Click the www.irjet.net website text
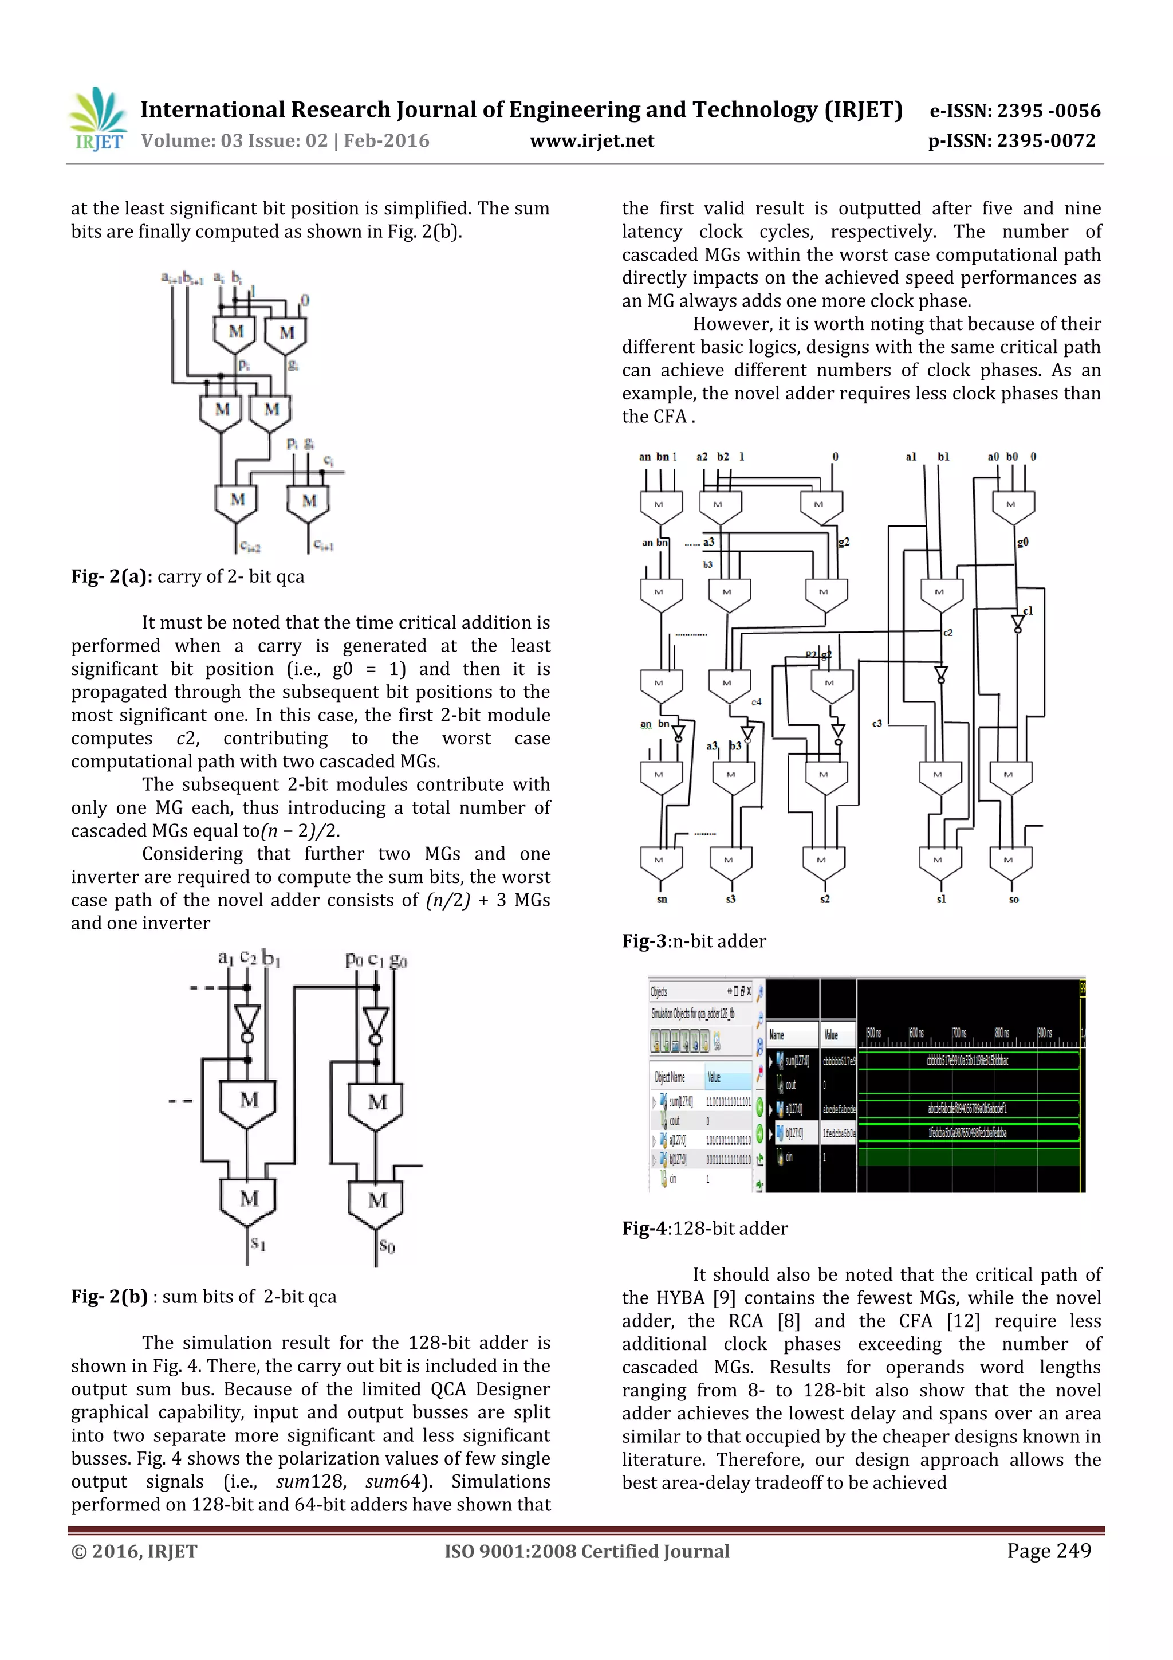tap(591, 141)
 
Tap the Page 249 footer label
tap(1048, 1550)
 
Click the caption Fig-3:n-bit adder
tap(693, 941)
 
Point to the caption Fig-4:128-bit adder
tap(704, 1227)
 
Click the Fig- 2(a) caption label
tap(111, 576)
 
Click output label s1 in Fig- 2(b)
tap(258, 1243)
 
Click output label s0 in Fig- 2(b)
tap(387, 1246)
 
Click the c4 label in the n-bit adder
tap(756, 702)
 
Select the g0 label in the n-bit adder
tap(1022, 541)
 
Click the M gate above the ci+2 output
tap(237, 500)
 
